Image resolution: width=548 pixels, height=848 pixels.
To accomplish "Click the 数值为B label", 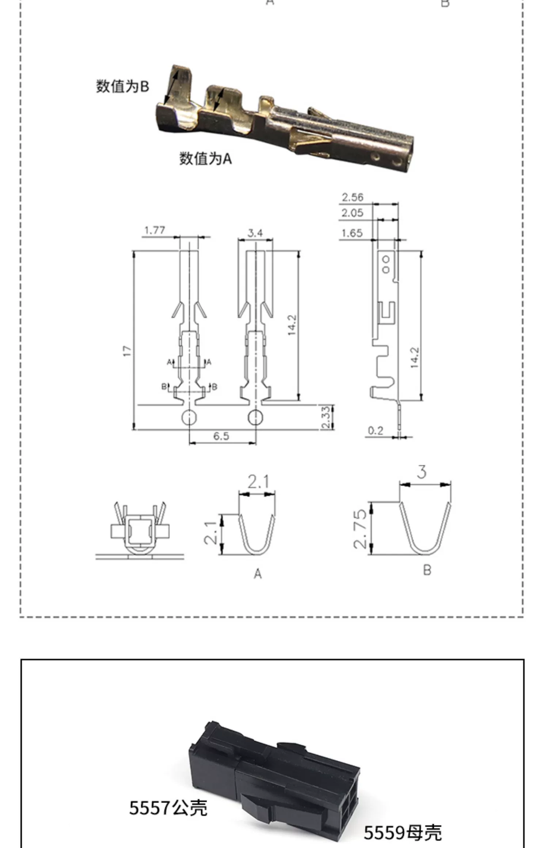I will pyautogui.click(x=122, y=87).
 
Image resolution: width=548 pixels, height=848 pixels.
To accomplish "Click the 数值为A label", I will pyautogui.click(x=205, y=158).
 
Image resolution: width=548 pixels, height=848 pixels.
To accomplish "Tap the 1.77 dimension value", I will pyautogui.click(x=155, y=230).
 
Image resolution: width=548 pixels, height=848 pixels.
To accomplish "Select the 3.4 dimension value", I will pyautogui.click(x=255, y=233).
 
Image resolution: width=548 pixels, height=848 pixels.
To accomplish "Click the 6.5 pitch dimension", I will pyautogui.click(x=221, y=436).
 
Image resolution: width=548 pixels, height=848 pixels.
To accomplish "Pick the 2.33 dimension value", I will pyautogui.click(x=326, y=417).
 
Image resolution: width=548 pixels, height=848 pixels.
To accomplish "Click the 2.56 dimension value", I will pyautogui.click(x=353, y=198).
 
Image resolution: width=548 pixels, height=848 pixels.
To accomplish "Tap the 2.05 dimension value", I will pyautogui.click(x=353, y=213).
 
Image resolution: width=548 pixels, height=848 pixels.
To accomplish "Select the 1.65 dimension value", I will pyautogui.click(x=353, y=233).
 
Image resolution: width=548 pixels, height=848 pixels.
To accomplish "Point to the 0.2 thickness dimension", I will pyautogui.click(x=376, y=431).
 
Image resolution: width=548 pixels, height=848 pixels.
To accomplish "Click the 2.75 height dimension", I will pyautogui.click(x=360, y=529).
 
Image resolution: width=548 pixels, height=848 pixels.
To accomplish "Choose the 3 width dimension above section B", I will pyautogui.click(x=422, y=472).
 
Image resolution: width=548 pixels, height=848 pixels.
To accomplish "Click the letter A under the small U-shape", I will pyautogui.click(x=258, y=574).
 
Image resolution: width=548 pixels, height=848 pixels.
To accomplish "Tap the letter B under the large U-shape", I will pyautogui.click(x=427, y=570).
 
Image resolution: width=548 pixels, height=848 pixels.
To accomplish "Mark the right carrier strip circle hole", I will pyautogui.click(x=255, y=417).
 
